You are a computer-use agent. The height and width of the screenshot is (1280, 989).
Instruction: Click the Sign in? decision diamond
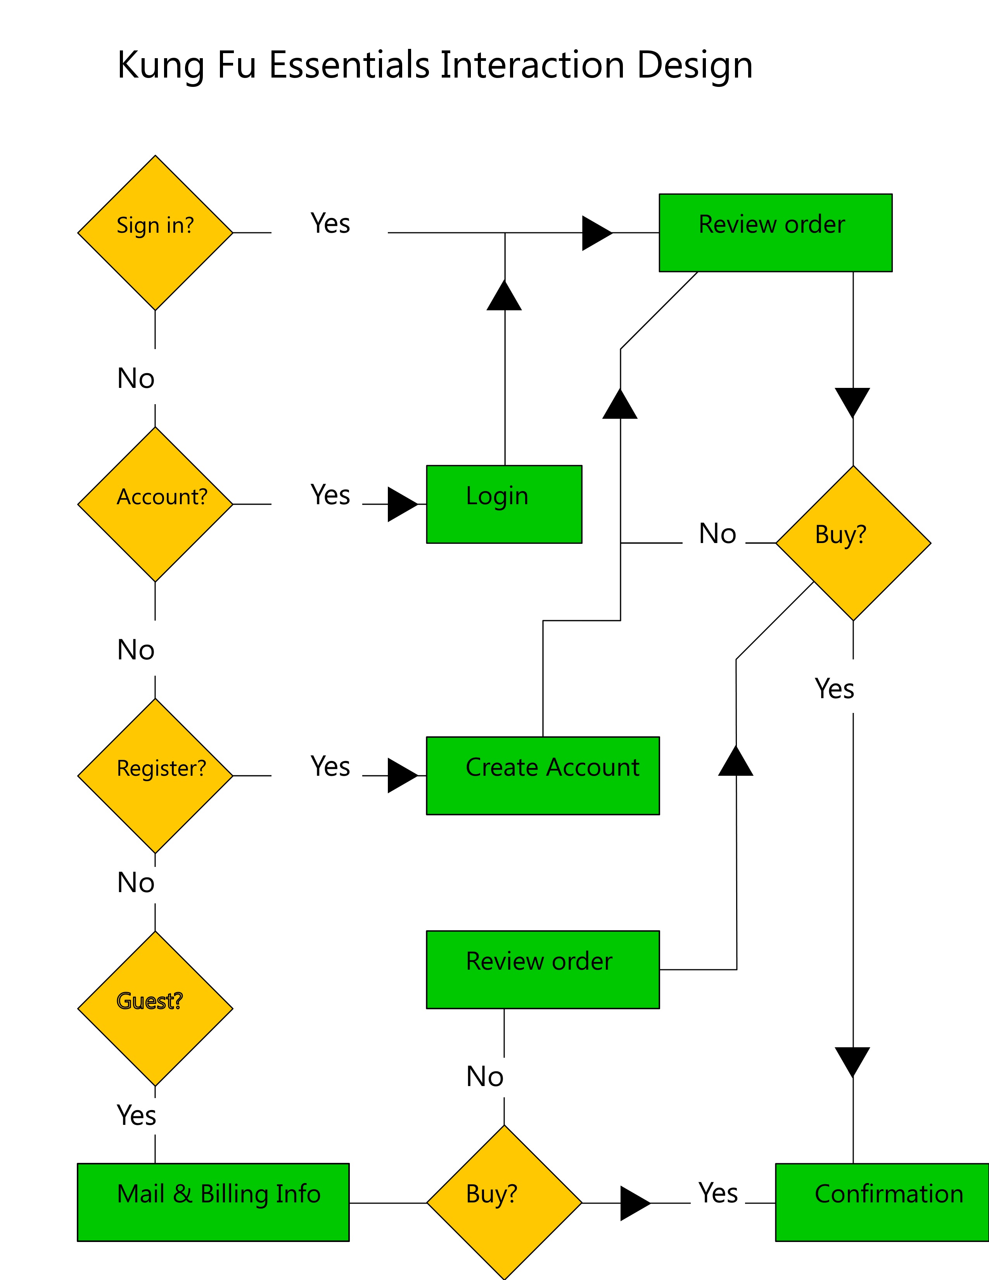pos(155,233)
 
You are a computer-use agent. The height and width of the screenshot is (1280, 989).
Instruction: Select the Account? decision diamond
pos(155,504)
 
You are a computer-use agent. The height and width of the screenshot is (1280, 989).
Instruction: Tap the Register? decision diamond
pos(155,775)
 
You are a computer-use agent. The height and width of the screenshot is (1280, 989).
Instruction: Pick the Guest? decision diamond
pos(155,1008)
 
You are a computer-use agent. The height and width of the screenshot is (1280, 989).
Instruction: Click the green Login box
pos(504,504)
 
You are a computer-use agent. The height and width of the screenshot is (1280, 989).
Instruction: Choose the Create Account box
pos(543,775)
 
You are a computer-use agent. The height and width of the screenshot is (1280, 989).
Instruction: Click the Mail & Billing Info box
pos(213,1202)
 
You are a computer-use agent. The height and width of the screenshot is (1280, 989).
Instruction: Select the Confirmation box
pos(882,1202)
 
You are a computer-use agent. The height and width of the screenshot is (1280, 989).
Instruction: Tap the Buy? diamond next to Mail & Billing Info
pos(504,1202)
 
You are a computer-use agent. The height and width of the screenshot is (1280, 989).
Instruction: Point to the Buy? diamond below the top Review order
pos(853,543)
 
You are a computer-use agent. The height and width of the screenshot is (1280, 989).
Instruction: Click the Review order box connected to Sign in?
pos(775,233)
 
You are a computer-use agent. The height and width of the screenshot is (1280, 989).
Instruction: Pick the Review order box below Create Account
pos(543,969)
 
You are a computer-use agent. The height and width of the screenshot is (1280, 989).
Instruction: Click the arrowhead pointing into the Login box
pos(403,504)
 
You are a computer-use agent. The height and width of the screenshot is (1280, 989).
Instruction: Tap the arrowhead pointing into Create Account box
pos(403,775)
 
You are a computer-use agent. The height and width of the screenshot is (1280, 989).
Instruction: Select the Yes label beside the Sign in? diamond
pos(330,224)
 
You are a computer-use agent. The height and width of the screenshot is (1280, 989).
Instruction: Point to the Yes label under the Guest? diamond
pos(137,1115)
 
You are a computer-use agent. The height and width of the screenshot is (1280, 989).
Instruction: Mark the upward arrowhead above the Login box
pos(504,295)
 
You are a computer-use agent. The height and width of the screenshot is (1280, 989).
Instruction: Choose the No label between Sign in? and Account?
pos(136,379)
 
